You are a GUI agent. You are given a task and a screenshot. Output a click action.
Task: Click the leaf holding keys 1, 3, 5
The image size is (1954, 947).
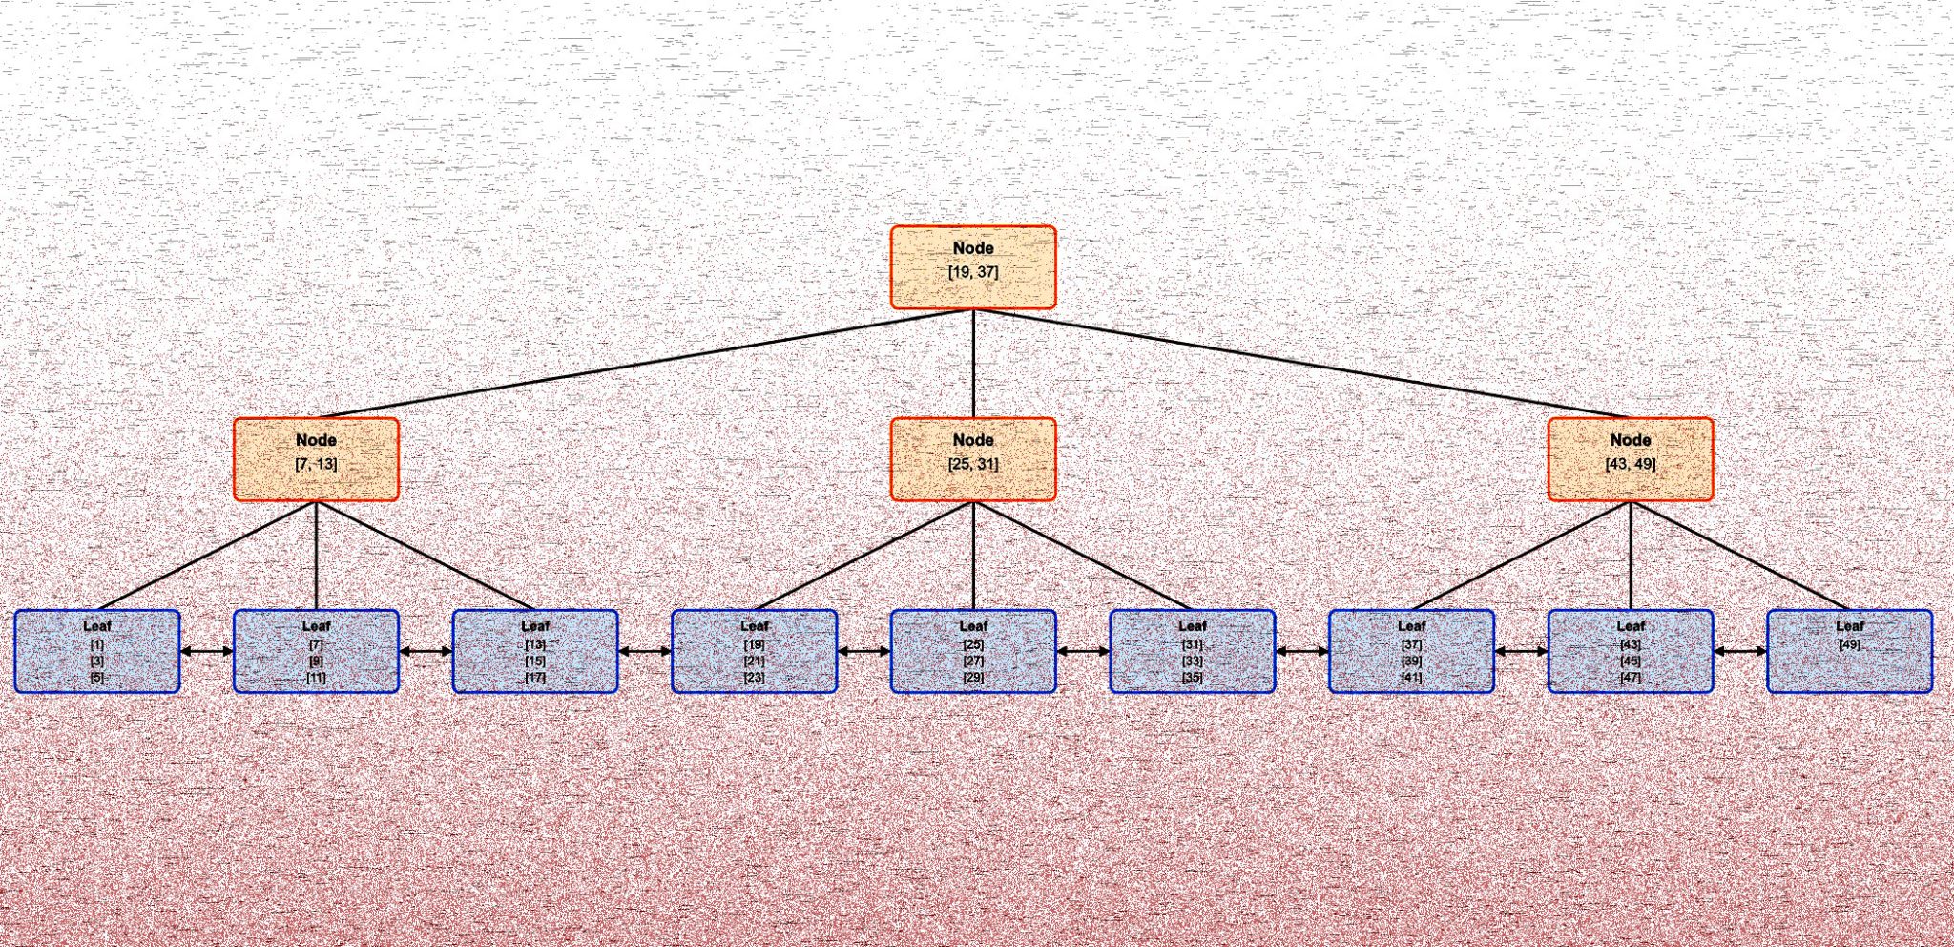(97, 651)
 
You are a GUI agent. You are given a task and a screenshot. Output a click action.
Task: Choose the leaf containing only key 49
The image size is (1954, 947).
(1849, 651)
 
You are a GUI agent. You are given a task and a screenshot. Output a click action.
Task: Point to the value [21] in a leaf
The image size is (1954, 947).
(754, 661)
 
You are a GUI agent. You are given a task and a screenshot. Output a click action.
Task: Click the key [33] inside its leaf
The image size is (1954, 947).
(1192, 661)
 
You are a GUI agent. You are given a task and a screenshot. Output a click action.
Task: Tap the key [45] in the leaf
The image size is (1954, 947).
(1630, 661)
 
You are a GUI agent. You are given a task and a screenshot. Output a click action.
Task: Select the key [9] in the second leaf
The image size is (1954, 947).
(316, 661)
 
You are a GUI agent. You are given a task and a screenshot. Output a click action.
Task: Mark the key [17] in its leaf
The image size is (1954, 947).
(535, 677)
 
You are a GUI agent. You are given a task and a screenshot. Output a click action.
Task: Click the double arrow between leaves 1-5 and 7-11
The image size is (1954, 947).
(207, 651)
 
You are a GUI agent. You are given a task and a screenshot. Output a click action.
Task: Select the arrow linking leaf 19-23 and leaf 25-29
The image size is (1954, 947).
(863, 651)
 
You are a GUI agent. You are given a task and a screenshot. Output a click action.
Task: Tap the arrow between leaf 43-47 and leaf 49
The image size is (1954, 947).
(1740, 651)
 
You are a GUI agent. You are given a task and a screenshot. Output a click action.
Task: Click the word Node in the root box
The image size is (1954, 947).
(973, 248)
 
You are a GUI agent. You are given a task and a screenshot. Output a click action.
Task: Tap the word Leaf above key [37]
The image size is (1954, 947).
(1411, 626)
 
